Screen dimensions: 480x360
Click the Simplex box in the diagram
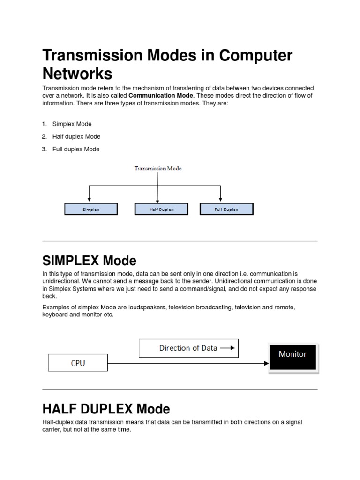(x=91, y=209)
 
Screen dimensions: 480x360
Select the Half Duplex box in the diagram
(x=162, y=209)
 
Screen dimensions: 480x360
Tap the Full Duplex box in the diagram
(x=226, y=209)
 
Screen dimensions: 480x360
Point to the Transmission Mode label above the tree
(x=158, y=168)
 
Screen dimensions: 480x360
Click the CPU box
(x=78, y=363)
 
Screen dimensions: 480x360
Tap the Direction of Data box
(x=188, y=348)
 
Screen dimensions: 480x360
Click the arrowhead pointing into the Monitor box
(x=265, y=363)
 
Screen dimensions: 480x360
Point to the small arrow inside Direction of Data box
(x=227, y=348)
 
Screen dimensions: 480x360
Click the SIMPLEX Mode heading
(x=89, y=260)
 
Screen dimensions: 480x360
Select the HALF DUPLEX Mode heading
(x=106, y=409)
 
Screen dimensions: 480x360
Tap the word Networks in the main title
(x=77, y=74)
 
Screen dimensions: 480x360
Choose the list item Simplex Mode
(x=72, y=124)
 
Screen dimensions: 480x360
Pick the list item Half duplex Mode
(x=76, y=136)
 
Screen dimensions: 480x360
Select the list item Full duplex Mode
(x=76, y=149)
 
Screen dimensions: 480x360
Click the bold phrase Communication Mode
(x=157, y=95)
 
